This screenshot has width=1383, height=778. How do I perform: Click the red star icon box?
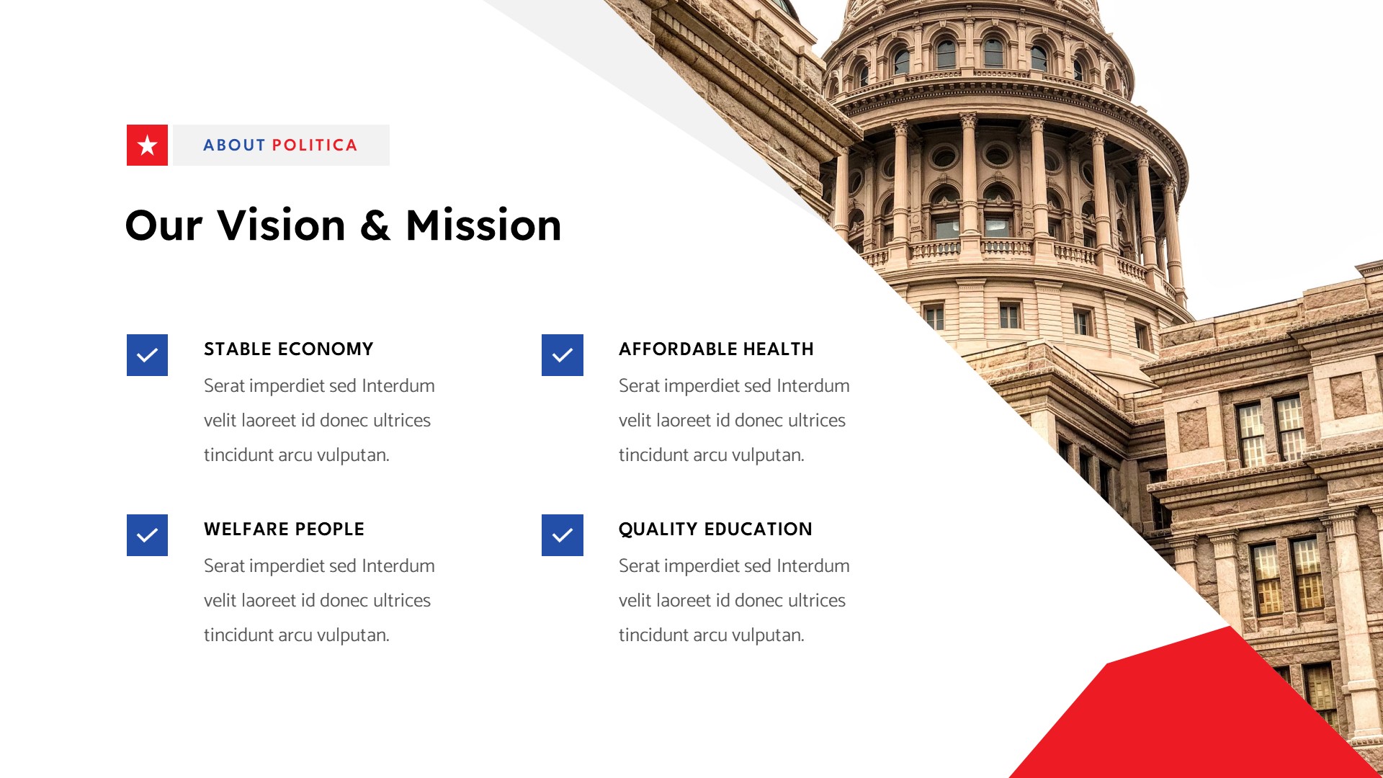click(x=147, y=145)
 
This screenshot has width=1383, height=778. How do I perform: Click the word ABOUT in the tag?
click(x=234, y=146)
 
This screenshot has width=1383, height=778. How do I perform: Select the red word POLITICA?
click(x=315, y=146)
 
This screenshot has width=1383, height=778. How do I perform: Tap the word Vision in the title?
click(x=282, y=225)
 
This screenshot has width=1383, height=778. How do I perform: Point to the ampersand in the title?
click(x=375, y=225)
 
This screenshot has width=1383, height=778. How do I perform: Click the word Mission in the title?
click(x=483, y=225)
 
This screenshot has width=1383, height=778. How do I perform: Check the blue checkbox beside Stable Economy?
click(x=147, y=355)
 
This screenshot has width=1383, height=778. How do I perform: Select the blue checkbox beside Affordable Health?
click(x=562, y=355)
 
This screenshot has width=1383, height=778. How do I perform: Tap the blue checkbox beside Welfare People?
click(x=147, y=535)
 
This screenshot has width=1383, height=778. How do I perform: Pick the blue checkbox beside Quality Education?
click(x=562, y=535)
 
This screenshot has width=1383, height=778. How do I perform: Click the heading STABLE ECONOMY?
click(x=288, y=349)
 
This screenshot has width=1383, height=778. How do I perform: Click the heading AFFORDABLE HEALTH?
click(x=716, y=349)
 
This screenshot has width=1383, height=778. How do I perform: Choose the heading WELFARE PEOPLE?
click(x=284, y=529)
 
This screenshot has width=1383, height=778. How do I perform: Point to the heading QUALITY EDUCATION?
click(x=715, y=529)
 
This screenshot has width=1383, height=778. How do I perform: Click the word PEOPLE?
click(x=329, y=529)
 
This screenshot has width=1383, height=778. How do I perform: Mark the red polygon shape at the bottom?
click(x=1181, y=713)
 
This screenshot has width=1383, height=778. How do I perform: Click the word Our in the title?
click(x=164, y=225)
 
